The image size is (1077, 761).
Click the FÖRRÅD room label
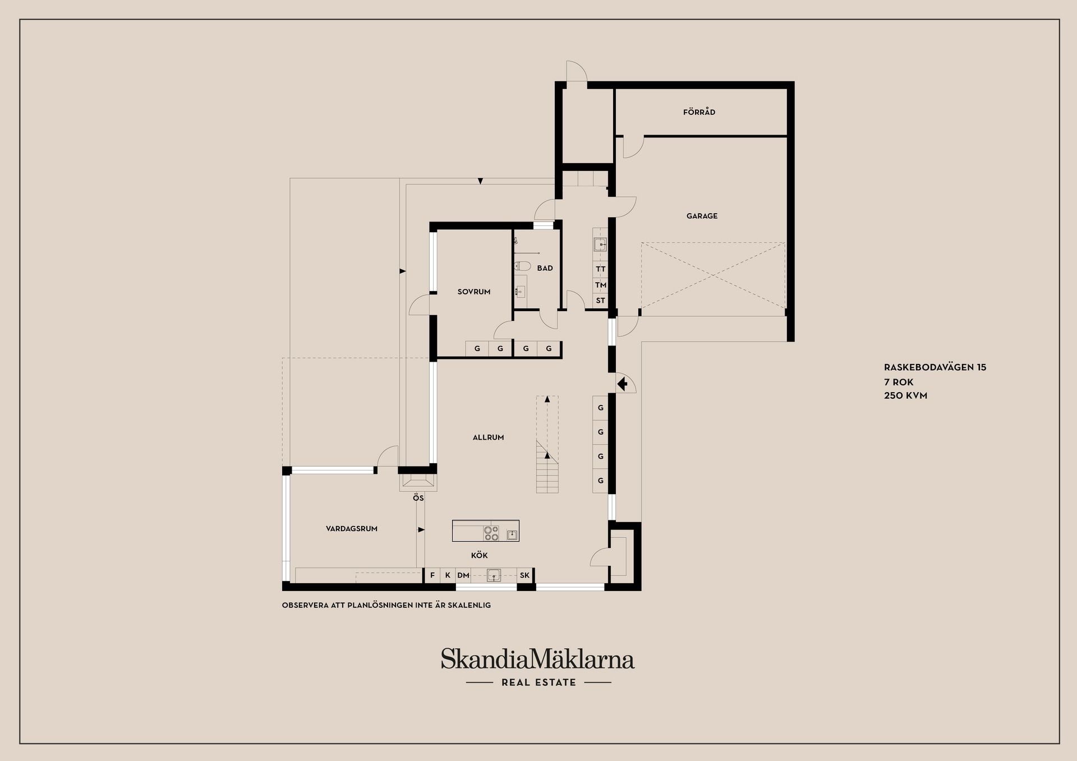tap(699, 112)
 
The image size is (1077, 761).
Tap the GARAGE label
tap(702, 216)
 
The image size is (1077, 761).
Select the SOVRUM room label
tap(474, 292)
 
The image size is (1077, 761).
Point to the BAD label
tap(545, 269)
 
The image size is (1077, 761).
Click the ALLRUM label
tap(488, 437)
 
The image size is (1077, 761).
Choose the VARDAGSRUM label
tap(352, 529)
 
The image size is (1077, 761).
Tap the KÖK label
tap(479, 556)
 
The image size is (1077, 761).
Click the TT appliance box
tap(601, 269)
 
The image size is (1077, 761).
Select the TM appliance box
tap(601, 285)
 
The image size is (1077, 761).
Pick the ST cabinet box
tap(601, 301)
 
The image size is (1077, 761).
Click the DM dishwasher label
tap(463, 575)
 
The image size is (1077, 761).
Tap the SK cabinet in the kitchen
tap(524, 575)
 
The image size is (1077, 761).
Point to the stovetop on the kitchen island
tap(491, 533)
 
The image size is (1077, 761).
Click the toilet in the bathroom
tap(522, 266)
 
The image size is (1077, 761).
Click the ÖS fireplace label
tap(418, 498)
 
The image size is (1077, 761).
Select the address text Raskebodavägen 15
tap(935, 368)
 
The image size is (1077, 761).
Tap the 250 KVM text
tap(905, 395)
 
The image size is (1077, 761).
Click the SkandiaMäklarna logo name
tap(537, 659)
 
